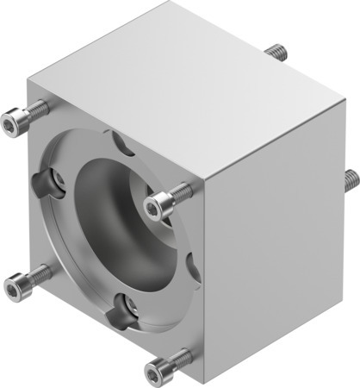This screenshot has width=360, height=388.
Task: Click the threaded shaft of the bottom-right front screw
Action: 181,358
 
